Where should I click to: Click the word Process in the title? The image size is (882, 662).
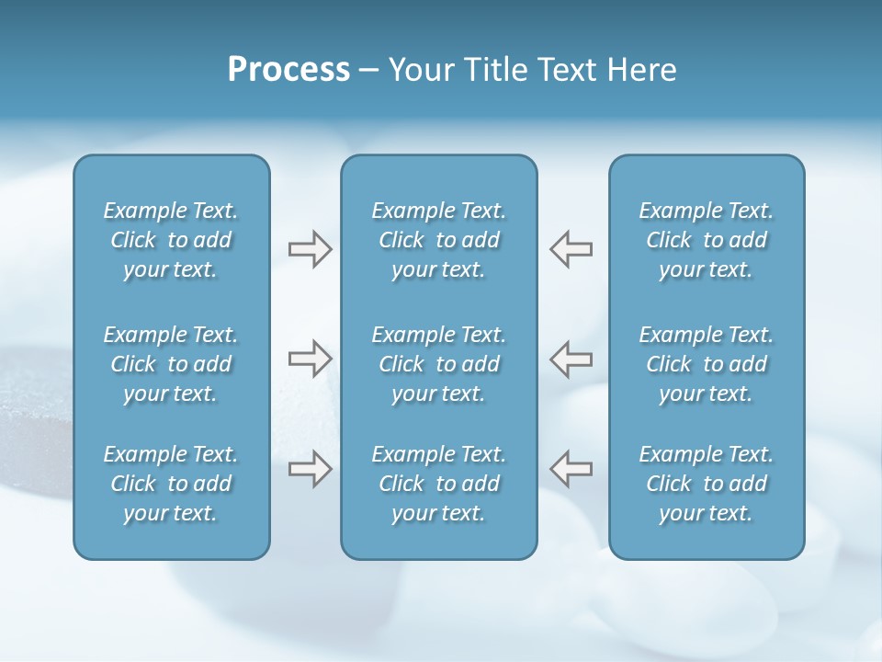click(288, 70)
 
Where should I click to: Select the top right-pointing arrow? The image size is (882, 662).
click(311, 249)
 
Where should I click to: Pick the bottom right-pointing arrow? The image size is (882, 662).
click(311, 469)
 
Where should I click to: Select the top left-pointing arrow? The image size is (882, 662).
click(571, 249)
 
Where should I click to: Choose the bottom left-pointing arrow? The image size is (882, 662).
click(571, 469)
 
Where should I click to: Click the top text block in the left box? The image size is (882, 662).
click(171, 240)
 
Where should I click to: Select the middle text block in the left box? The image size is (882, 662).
click(171, 364)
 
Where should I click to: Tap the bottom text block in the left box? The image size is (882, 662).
click(171, 484)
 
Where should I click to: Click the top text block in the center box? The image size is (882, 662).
click(438, 240)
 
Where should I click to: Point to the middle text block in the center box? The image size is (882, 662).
click(438, 364)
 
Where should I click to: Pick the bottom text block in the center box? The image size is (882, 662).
click(438, 484)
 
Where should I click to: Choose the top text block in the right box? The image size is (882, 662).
click(706, 240)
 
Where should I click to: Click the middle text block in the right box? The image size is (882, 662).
click(706, 364)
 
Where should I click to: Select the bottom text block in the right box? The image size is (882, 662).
click(706, 484)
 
